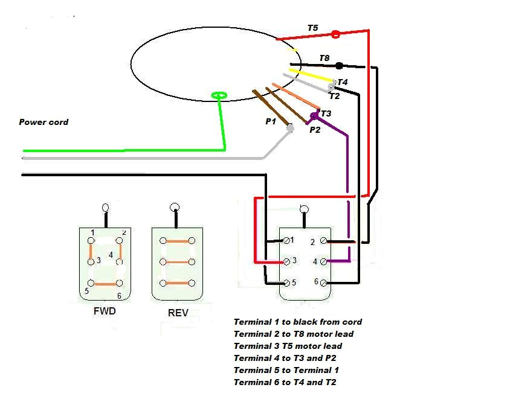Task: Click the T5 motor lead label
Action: pyautogui.click(x=312, y=28)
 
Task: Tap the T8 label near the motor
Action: pyautogui.click(x=324, y=58)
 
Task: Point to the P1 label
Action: pyautogui.click(x=270, y=121)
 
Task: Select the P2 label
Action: pyautogui.click(x=315, y=129)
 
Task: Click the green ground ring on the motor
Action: pyautogui.click(x=219, y=95)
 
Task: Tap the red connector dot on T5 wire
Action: pyautogui.click(x=335, y=34)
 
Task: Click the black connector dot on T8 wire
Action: pyautogui.click(x=339, y=65)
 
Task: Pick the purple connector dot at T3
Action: pyautogui.click(x=314, y=115)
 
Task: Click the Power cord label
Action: pyautogui.click(x=44, y=122)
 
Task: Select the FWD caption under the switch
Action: pyautogui.click(x=105, y=311)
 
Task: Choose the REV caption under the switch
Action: pyautogui.click(x=178, y=313)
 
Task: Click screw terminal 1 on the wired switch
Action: pyautogui.click(x=286, y=240)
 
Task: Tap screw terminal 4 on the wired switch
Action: pyautogui.click(x=324, y=261)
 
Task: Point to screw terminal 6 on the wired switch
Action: pyautogui.click(x=324, y=282)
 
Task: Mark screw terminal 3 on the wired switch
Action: pyautogui.click(x=286, y=261)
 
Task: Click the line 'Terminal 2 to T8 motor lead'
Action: pyautogui.click(x=293, y=334)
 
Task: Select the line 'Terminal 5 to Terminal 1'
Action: pyautogui.click(x=286, y=370)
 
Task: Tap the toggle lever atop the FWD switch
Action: pyautogui.click(x=106, y=208)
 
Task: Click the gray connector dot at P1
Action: pyautogui.click(x=290, y=128)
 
